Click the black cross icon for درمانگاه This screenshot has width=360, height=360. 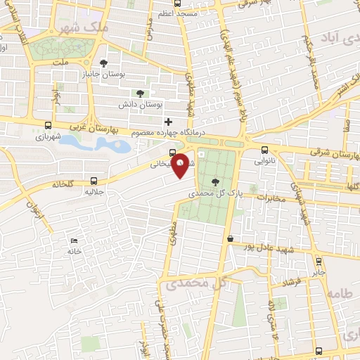(168, 121)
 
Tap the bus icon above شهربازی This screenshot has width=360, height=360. (47, 124)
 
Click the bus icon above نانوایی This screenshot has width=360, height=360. (264, 149)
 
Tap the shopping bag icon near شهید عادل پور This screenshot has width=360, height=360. (230, 238)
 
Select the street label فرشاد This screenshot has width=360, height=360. (291, 282)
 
